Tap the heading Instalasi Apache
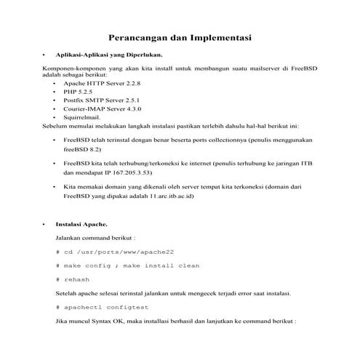tap(81, 225)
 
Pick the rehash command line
tap(76, 279)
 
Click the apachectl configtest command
tap(106, 308)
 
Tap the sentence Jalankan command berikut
tap(95, 238)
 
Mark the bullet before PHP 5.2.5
tap(55, 95)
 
